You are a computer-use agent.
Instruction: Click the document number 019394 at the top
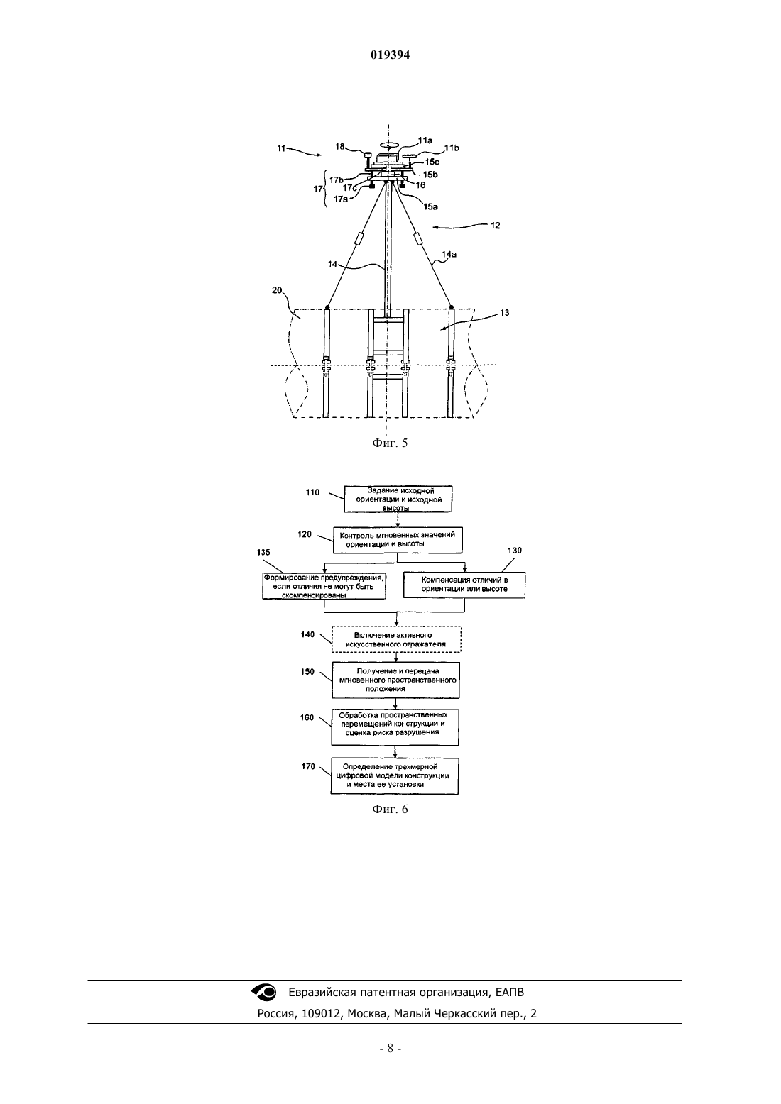tap(390, 55)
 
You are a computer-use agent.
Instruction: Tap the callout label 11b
tap(452, 148)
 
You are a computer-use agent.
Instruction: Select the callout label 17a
tap(340, 199)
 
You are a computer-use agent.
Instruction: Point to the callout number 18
tap(339, 146)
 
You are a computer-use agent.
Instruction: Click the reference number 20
tap(277, 290)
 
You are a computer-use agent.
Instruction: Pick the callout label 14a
tap(449, 254)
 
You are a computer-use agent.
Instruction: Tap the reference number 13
tap(504, 312)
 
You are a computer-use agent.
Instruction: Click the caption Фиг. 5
tap(390, 443)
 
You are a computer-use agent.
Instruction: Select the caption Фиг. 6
tap(390, 810)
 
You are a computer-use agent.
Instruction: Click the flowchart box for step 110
tap(398, 499)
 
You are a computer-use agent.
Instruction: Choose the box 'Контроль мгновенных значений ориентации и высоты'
tap(398, 540)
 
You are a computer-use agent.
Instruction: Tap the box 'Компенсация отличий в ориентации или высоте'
tap(464, 585)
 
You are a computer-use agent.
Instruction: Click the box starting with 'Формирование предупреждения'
tap(324, 586)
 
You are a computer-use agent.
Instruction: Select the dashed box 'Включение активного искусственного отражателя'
tap(396, 639)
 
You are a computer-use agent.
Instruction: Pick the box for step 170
tap(395, 775)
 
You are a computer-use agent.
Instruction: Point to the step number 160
tap(307, 717)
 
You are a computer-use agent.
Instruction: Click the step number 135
tap(263, 553)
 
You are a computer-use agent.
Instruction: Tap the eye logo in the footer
tap(263, 992)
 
